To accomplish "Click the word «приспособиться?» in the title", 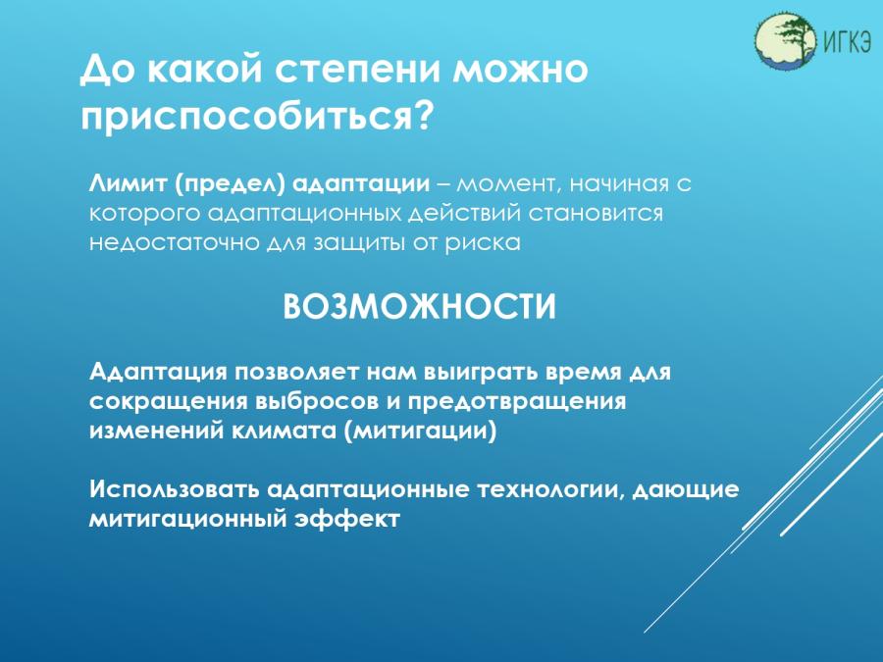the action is [x=258, y=116].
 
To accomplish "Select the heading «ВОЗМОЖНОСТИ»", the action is [x=419, y=307].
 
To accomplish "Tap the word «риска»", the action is [x=483, y=244].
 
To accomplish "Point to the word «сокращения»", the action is [x=168, y=402].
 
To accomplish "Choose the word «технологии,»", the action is [x=550, y=489].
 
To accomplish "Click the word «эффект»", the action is [x=347, y=519].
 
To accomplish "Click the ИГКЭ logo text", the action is [x=847, y=40].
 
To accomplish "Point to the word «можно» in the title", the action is [x=520, y=69].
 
